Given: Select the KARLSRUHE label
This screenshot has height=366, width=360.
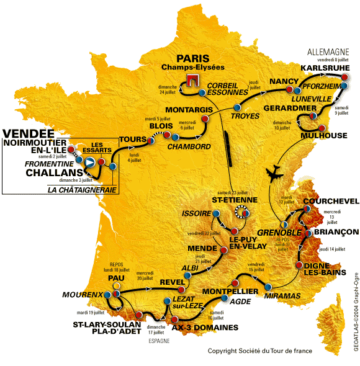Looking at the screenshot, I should [x=322, y=68].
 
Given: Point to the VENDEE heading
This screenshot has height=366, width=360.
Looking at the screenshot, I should [x=25, y=133].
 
